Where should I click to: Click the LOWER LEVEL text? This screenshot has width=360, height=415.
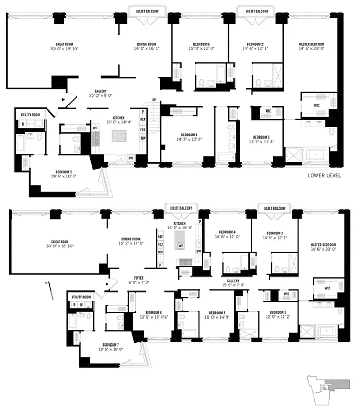pos(324,175)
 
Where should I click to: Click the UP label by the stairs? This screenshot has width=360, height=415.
pos(154,100)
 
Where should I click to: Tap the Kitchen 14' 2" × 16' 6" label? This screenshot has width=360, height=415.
pos(179,225)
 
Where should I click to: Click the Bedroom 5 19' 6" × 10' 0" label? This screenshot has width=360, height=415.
pos(65,174)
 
